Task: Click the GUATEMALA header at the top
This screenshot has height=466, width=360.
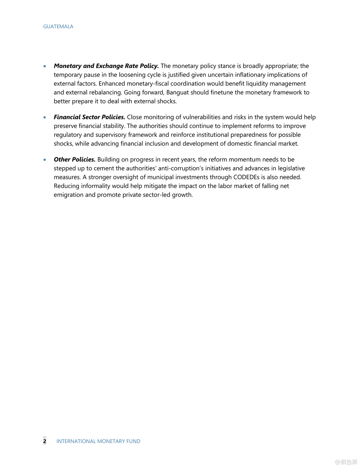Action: pos(58,27)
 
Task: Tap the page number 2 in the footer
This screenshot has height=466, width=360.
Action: pos(45,441)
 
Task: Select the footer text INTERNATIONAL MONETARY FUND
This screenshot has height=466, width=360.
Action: pos(98,441)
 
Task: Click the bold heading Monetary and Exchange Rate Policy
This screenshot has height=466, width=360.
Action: pos(106,66)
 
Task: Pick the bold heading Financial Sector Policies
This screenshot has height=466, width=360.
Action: pos(89,117)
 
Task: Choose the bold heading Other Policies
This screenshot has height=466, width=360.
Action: pos(75,159)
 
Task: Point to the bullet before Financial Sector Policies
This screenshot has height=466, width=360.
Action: pos(45,117)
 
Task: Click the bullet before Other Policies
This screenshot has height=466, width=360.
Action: pos(45,160)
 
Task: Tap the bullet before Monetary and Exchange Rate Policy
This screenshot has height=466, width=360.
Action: pos(45,66)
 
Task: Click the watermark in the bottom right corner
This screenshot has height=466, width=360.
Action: pos(346,462)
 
